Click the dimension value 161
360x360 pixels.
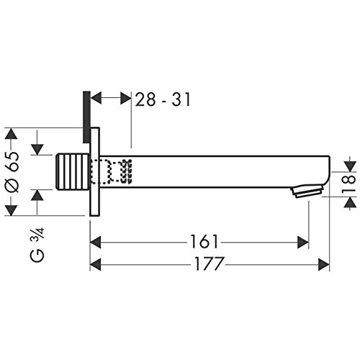(x=204, y=242)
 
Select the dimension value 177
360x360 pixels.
(x=210, y=264)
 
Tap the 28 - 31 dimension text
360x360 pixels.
(x=163, y=99)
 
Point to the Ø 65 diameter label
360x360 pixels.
(x=12, y=172)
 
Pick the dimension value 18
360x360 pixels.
(x=348, y=184)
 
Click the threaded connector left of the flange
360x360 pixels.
(x=72, y=171)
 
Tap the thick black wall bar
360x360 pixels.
(x=86, y=117)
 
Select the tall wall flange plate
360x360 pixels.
(x=94, y=171)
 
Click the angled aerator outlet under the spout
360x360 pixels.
(x=307, y=192)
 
